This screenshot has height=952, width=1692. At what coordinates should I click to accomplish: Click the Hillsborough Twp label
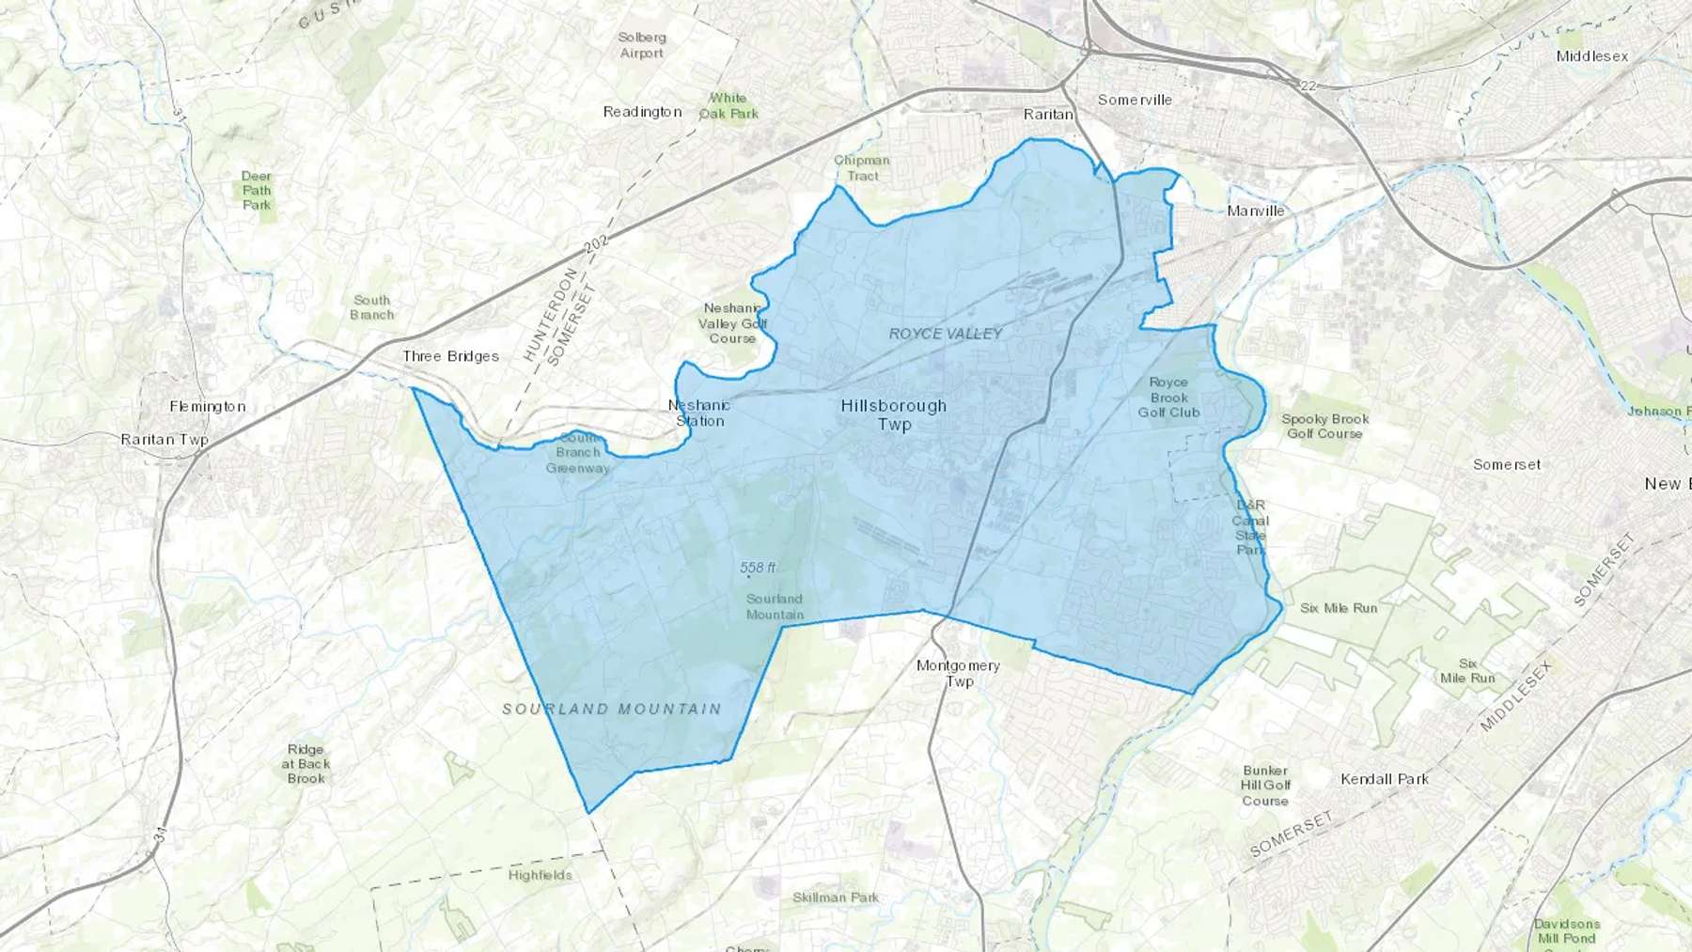click(893, 414)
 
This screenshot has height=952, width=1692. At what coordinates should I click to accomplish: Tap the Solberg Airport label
click(642, 45)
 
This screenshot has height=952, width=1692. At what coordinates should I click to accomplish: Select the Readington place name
click(642, 112)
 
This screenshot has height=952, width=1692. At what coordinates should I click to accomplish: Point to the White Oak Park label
click(728, 105)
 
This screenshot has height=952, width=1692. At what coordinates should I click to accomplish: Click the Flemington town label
click(208, 406)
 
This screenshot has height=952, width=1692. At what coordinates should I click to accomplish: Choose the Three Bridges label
click(450, 356)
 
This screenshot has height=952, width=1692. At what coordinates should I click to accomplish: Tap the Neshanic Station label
click(699, 413)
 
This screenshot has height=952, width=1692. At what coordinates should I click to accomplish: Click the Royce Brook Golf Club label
click(1168, 397)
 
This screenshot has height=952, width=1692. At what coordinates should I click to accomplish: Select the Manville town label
click(1255, 211)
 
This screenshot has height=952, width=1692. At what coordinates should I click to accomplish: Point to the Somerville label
click(1135, 100)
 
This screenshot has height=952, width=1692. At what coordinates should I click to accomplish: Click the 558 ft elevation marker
click(758, 568)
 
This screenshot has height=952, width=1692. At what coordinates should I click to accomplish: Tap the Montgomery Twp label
click(958, 673)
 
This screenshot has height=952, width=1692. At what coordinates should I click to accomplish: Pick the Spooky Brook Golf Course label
click(1324, 426)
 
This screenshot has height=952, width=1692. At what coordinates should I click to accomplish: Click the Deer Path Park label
click(257, 190)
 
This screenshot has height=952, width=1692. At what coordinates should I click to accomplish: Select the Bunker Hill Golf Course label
click(1265, 786)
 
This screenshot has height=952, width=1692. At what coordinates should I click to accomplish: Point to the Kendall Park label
click(1385, 779)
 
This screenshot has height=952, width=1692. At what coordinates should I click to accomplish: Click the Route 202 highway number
click(596, 243)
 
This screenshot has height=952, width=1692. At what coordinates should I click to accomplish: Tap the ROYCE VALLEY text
click(946, 334)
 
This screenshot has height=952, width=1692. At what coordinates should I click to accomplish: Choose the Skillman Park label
click(835, 897)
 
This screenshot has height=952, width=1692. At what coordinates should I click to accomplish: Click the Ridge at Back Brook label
click(306, 764)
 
